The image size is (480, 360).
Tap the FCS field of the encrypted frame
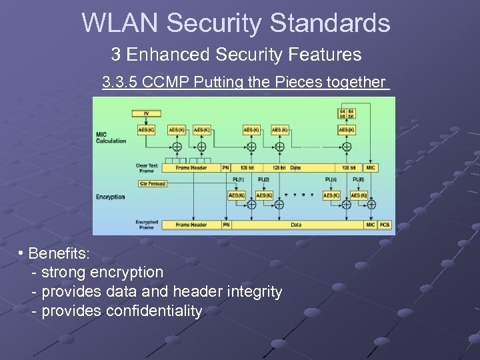click(x=385, y=225)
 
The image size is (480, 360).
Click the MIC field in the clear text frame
click(x=371, y=168)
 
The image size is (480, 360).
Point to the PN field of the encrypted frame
click(x=227, y=225)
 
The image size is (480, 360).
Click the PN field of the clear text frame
click(x=227, y=168)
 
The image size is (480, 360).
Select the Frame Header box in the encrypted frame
click(x=191, y=225)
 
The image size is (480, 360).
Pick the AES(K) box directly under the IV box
click(x=147, y=130)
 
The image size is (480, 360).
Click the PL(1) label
click(x=237, y=180)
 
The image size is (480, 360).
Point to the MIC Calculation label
click(x=111, y=138)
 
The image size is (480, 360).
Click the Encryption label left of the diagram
click(x=111, y=197)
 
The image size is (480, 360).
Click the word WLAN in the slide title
click(x=121, y=23)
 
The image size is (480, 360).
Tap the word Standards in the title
click(x=330, y=23)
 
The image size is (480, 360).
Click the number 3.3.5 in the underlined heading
click(x=122, y=83)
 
